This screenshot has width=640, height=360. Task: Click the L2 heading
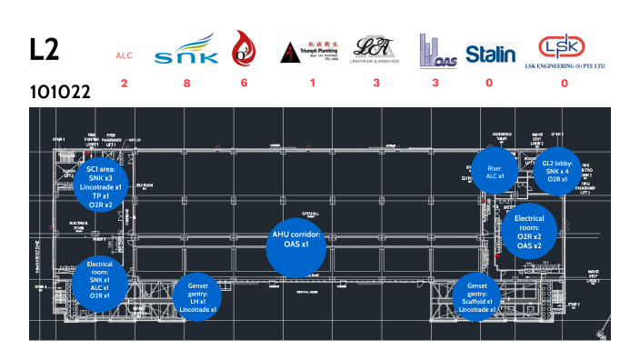[44, 51]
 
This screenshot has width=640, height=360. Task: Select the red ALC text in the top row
[124, 55]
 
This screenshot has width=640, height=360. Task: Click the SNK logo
[186, 51]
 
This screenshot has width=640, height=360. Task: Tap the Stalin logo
[490, 54]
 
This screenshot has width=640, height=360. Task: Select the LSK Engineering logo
[564, 51]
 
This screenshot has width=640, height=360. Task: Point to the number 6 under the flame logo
[244, 83]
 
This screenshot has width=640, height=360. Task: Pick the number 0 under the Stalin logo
[490, 83]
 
